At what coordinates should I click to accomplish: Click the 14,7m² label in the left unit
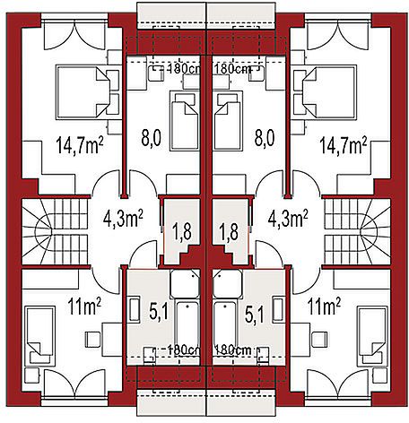click(80, 145)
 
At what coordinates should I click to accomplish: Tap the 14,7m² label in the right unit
click(344, 145)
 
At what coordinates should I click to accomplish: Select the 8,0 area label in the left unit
click(152, 138)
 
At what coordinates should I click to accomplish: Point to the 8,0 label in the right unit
click(265, 138)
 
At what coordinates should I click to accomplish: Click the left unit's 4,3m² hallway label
click(123, 219)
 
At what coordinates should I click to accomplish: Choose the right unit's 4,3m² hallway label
click(288, 219)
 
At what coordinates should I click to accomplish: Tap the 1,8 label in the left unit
click(181, 232)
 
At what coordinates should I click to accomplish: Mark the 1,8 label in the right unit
click(229, 232)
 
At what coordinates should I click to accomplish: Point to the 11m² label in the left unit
click(84, 306)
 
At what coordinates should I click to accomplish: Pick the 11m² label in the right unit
click(324, 306)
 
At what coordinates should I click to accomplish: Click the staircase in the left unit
click(55, 231)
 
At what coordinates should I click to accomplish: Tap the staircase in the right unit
click(357, 231)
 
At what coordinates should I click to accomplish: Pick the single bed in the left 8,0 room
click(184, 121)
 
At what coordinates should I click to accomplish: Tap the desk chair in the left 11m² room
click(92, 340)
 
